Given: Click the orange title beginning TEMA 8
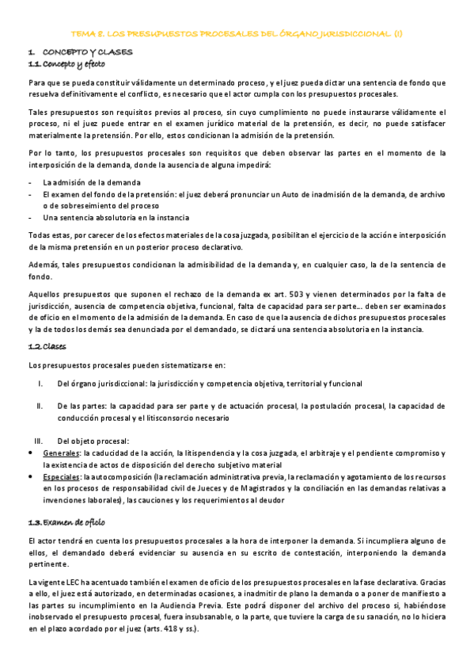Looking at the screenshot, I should (x=237, y=34).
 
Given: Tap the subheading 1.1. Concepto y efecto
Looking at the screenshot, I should (x=66, y=63).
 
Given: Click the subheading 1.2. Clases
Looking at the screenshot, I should (x=47, y=346).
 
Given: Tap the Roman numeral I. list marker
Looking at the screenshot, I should (x=40, y=384).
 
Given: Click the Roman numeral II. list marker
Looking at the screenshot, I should (x=40, y=406).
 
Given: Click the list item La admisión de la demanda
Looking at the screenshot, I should (x=92, y=182).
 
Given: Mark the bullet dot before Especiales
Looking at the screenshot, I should (x=31, y=478).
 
